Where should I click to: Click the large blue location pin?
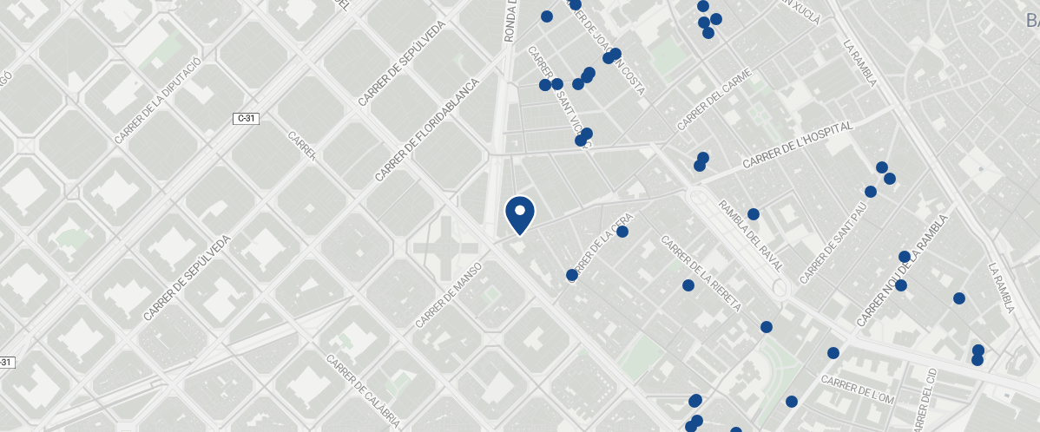519,213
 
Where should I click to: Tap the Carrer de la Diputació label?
158,101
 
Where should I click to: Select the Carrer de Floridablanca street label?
428,130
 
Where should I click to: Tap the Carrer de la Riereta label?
701,273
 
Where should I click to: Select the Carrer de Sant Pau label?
833,245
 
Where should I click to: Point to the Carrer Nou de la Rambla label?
899,271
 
